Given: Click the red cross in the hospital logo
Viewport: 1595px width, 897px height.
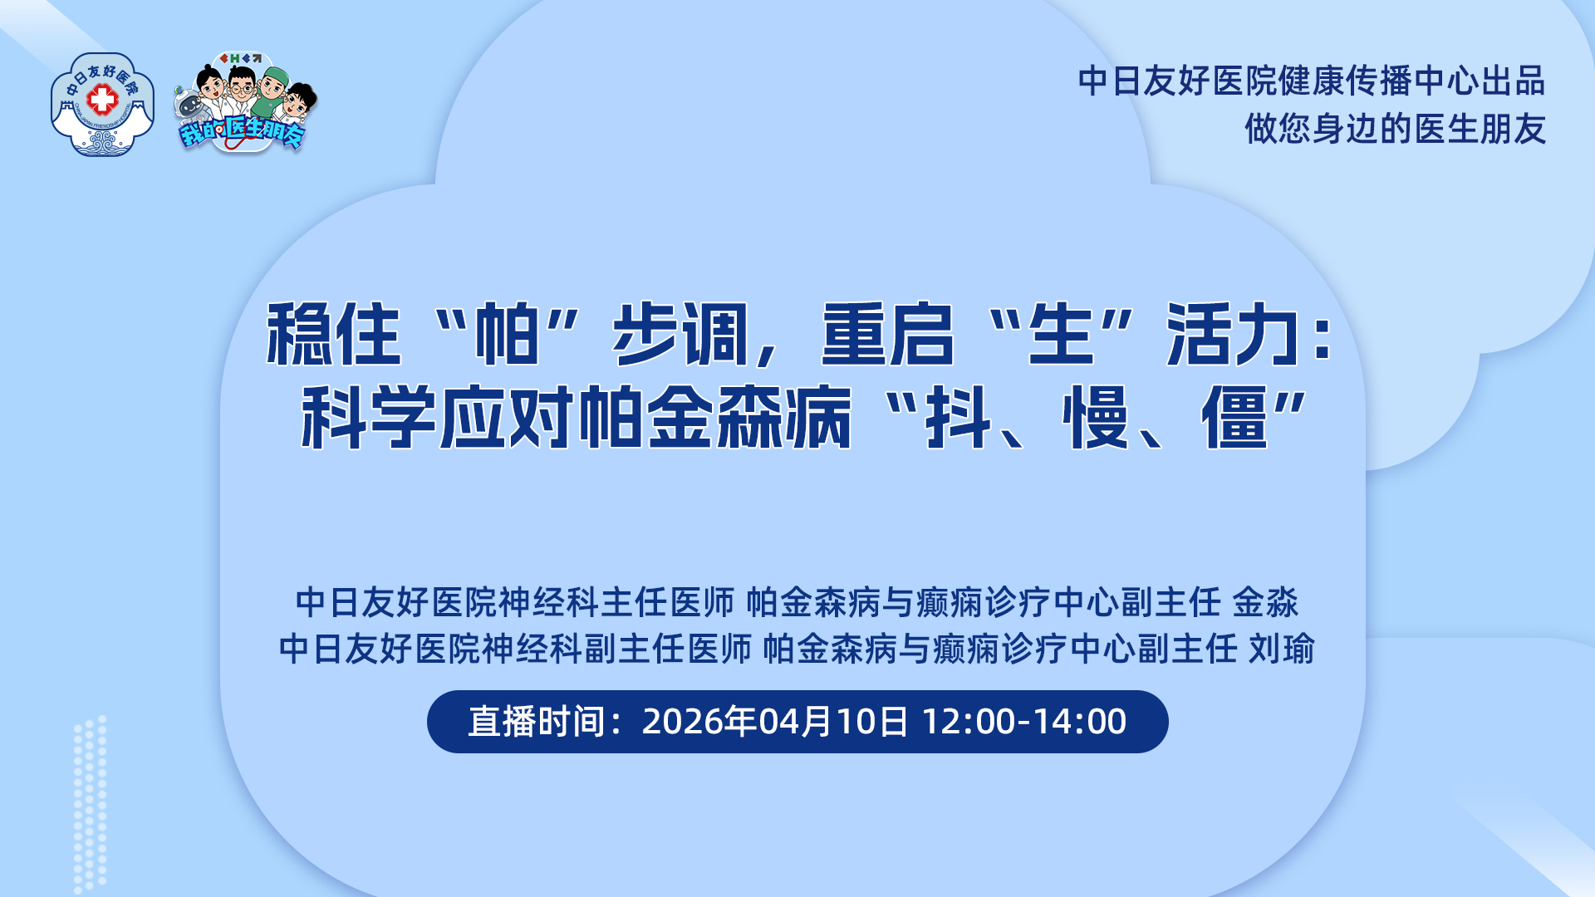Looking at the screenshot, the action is tap(102, 100).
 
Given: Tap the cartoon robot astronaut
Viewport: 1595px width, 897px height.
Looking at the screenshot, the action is tap(189, 109).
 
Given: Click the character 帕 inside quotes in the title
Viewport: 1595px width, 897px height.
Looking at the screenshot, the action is tap(507, 335).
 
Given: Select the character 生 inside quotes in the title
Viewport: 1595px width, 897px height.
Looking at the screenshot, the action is tap(1060, 335).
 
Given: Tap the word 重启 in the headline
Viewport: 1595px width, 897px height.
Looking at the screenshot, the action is tap(887, 335).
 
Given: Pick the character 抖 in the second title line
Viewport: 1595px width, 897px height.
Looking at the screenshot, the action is tap(959, 417).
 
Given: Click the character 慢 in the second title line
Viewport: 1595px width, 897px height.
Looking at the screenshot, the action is tap(1097, 417).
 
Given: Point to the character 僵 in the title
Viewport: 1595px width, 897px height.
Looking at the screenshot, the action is tap(1235, 417).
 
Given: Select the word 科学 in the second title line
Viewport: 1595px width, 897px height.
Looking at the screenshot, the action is tap(369, 417).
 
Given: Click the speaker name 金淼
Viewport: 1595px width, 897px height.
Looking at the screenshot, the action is tap(1265, 602).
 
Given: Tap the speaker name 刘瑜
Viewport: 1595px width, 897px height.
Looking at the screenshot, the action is tap(1282, 649).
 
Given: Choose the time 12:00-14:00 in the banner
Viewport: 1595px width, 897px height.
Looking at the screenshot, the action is tap(1024, 722).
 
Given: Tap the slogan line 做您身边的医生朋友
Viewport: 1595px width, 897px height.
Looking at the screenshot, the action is tap(1395, 129).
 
